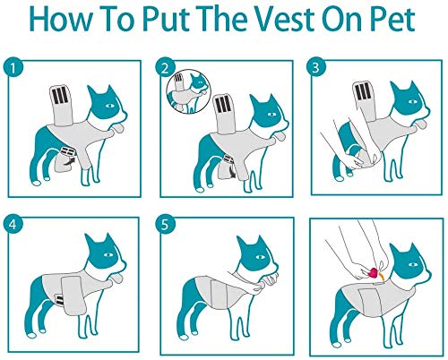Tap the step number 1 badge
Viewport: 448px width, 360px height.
[x=14, y=67]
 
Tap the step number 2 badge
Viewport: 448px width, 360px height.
[x=164, y=67]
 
